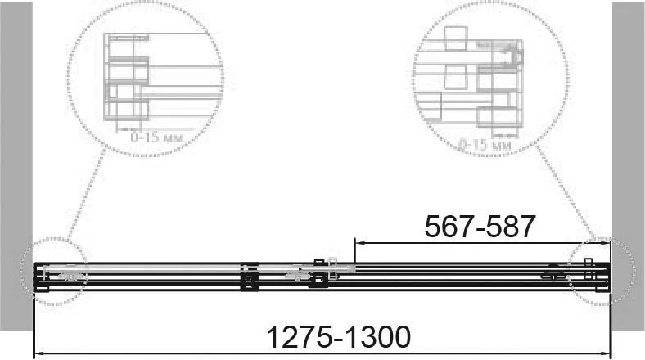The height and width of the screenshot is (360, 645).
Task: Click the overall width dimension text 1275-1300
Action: click(339, 337)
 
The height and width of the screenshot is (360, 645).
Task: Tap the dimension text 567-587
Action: click(480, 227)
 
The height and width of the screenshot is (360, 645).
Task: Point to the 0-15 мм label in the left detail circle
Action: click(156, 137)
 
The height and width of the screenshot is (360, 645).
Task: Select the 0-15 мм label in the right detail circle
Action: click(485, 144)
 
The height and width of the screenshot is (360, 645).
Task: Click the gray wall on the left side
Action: click(16, 165)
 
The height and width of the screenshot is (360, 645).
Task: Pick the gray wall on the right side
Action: click(628, 165)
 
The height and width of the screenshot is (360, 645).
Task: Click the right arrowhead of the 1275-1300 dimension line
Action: click(606, 353)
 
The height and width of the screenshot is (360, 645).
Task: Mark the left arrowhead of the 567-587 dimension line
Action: click(359, 243)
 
